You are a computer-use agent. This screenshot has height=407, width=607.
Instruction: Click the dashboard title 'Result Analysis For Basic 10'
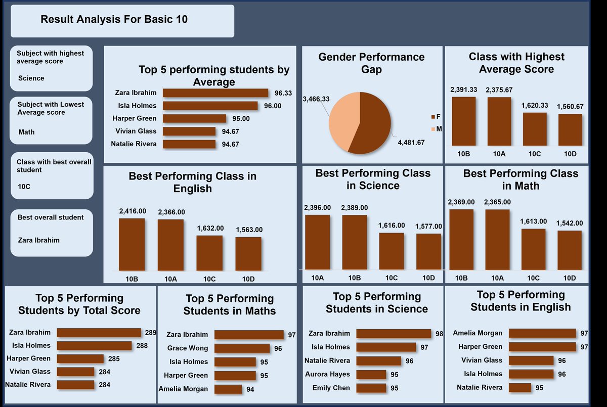[114, 20]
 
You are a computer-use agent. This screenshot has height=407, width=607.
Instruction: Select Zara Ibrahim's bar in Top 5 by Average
[216, 93]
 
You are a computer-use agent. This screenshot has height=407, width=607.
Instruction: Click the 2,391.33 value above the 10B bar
[463, 89]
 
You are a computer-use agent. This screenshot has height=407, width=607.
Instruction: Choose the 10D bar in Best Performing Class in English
[248, 255]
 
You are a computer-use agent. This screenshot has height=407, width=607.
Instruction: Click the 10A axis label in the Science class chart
[317, 278]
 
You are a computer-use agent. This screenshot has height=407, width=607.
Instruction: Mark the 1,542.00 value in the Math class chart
[570, 223]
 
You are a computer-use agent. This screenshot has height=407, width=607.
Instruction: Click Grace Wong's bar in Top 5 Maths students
[242, 348]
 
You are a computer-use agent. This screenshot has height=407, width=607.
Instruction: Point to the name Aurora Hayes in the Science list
[327, 374]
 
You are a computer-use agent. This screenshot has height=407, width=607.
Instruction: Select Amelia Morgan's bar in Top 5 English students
[542, 333]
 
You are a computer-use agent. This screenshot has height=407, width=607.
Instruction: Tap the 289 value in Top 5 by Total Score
[150, 333]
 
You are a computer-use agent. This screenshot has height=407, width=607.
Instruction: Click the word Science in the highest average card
[31, 78]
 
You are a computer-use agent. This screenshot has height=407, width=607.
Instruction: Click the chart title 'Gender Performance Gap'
[371, 63]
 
